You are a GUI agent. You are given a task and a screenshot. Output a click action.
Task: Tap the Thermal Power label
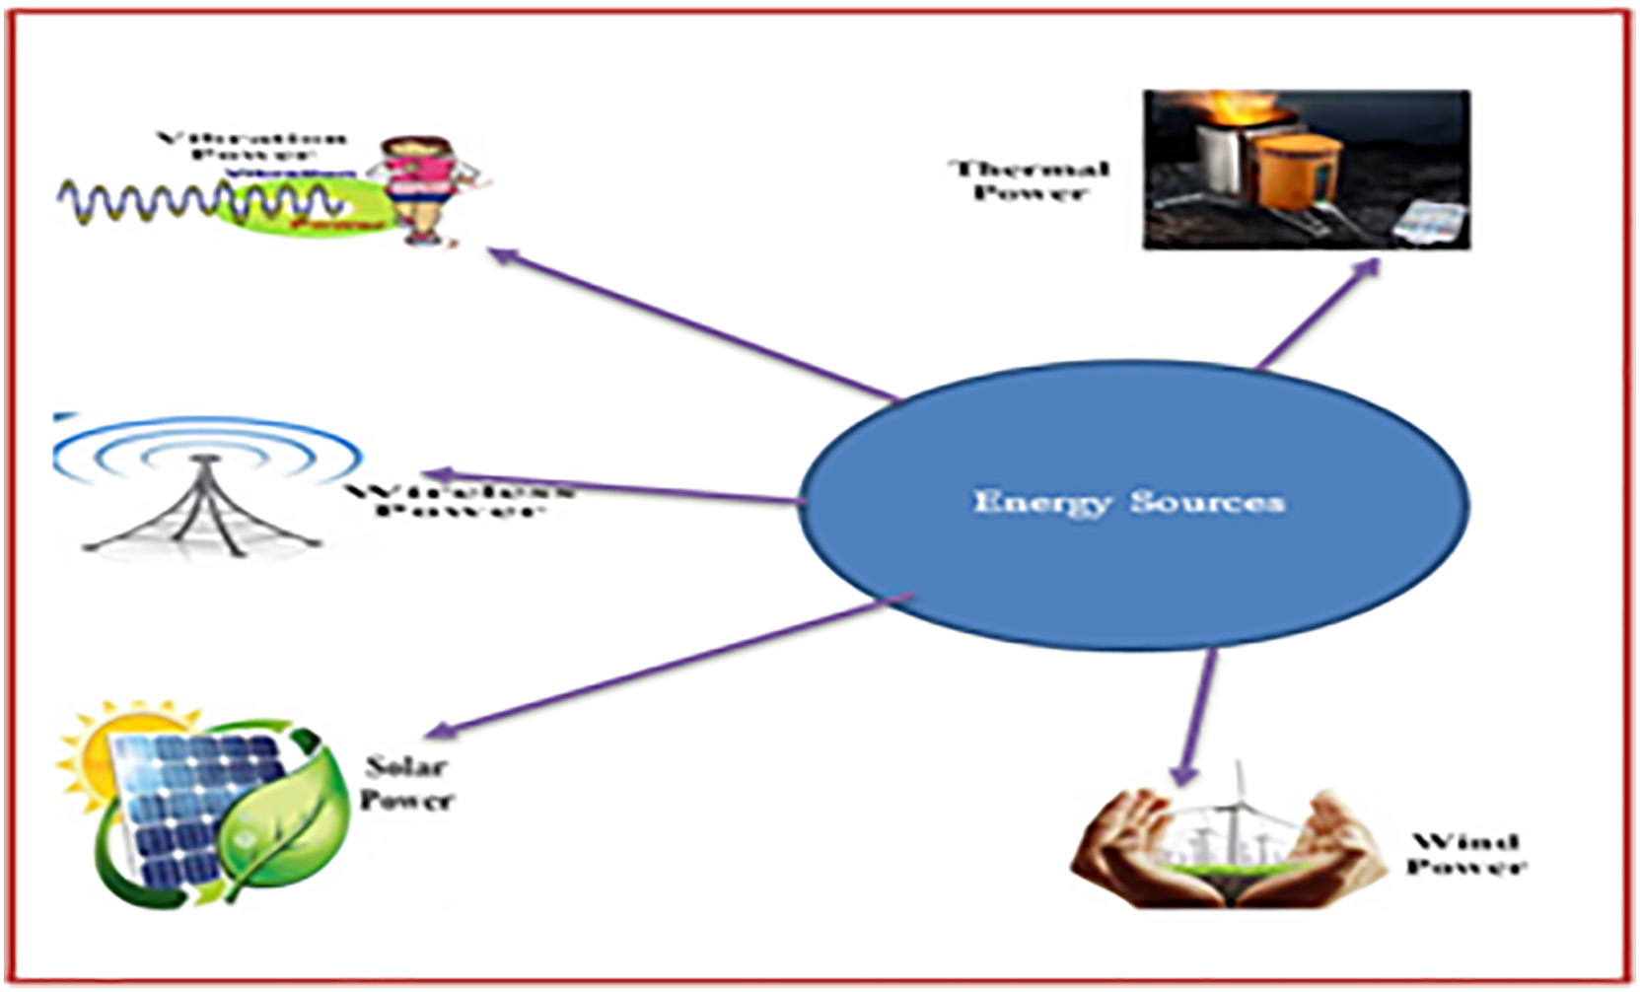(1029, 180)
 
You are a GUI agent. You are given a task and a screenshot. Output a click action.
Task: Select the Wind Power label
(1465, 854)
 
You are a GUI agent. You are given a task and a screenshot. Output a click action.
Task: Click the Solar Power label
(405, 783)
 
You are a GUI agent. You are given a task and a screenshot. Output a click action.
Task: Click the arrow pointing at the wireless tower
(611, 487)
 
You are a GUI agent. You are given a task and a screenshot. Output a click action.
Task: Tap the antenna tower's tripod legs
(204, 513)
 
